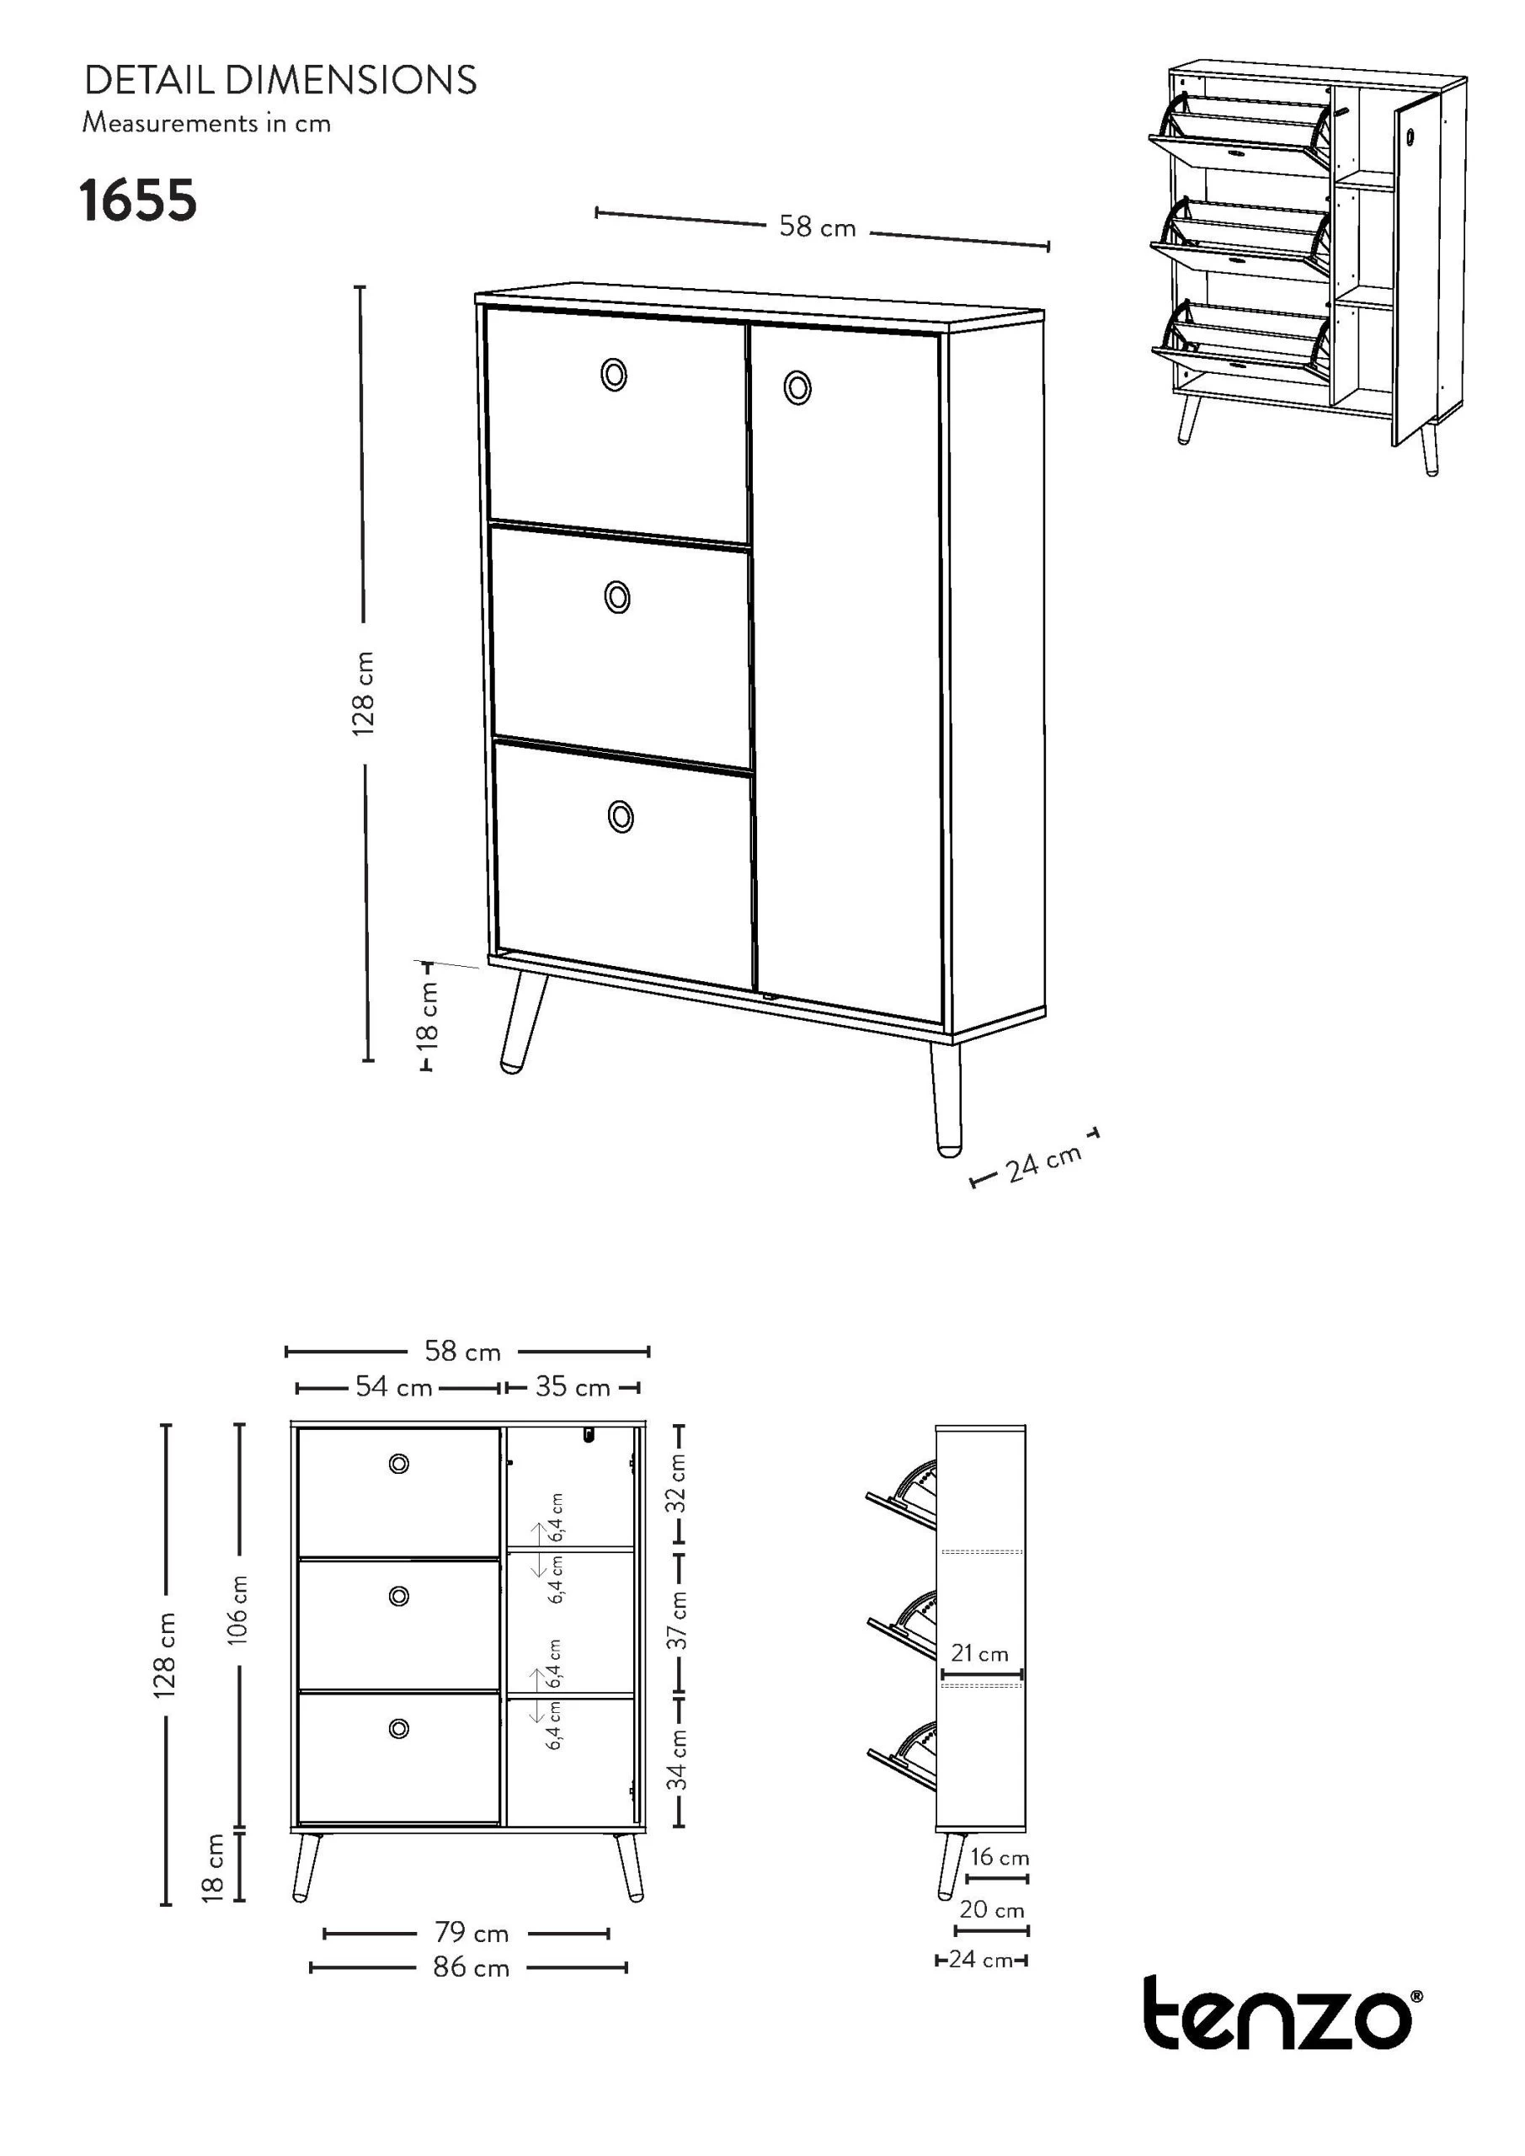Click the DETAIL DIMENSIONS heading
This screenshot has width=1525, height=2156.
(280, 81)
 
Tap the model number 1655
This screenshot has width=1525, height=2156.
(138, 202)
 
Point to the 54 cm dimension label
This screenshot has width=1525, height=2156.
(393, 1387)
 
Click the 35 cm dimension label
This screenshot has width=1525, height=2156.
(573, 1387)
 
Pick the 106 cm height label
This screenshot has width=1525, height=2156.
(238, 1609)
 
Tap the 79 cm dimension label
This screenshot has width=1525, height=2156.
(472, 1933)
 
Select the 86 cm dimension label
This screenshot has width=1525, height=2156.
(472, 1967)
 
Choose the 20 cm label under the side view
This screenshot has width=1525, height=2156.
(992, 1910)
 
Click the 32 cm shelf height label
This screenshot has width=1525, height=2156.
(677, 1484)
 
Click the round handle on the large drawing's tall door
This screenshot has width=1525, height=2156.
(797, 387)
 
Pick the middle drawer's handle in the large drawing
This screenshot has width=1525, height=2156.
(617, 596)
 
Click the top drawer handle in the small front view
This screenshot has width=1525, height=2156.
(399, 1464)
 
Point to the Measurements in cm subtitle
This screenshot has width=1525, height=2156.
(206, 123)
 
